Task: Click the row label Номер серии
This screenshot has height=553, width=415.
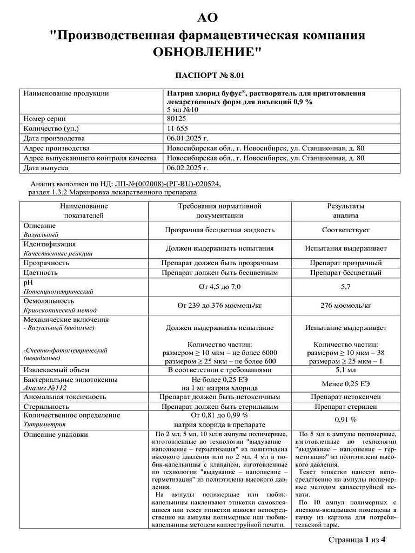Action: [x=44, y=118]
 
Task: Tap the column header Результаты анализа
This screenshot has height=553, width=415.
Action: [x=345, y=211]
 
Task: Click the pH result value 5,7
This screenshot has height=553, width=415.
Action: [x=345, y=287]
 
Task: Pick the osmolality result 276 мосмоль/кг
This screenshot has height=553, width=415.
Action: [x=345, y=305]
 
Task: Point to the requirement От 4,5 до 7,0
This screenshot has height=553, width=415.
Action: [x=219, y=287]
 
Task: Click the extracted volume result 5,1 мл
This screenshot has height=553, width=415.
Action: [x=345, y=370]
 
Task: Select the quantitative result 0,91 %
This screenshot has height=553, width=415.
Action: [x=345, y=420]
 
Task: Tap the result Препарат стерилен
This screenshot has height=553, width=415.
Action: [x=345, y=406]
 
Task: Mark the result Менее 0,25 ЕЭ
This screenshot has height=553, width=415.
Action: [x=345, y=383]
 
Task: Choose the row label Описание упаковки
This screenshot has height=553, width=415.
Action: [x=55, y=434]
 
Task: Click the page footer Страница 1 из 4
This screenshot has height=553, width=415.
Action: [x=357, y=539]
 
